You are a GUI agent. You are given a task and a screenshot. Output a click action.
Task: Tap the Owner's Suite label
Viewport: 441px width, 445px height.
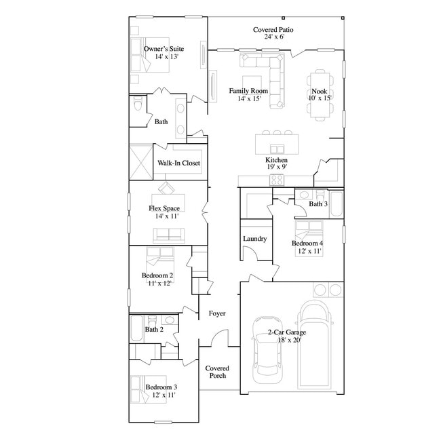click(x=164, y=49)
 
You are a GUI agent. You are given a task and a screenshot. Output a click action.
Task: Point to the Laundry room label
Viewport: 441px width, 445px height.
click(x=254, y=239)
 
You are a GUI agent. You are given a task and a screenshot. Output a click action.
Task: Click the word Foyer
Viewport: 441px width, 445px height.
click(x=217, y=313)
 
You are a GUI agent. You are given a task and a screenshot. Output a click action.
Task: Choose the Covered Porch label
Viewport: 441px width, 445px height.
click(x=217, y=372)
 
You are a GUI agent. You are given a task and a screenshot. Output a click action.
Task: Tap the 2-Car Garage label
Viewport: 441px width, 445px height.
click(x=286, y=332)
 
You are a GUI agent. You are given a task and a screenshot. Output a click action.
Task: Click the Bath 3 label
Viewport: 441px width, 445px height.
click(x=318, y=204)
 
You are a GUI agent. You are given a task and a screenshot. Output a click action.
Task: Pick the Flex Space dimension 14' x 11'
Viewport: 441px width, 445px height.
click(x=164, y=216)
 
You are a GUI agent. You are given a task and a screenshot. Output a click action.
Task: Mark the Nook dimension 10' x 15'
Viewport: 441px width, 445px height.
click(x=320, y=98)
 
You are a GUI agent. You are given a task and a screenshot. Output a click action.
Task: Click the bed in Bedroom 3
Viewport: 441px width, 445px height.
click(x=146, y=387)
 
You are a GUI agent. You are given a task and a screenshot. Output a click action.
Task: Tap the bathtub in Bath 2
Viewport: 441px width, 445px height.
click(x=136, y=328)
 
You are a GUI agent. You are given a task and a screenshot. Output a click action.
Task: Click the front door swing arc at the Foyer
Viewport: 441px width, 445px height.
click(x=219, y=336)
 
